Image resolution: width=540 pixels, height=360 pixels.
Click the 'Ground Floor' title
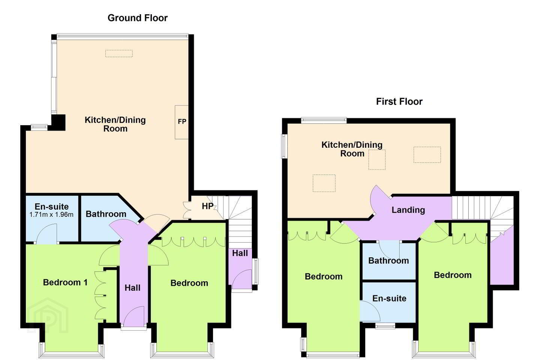(137, 18)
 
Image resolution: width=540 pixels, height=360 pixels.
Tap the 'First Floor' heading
(399, 102)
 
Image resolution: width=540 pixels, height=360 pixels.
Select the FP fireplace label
(182, 121)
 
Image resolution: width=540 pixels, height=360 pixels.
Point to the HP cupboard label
(208, 206)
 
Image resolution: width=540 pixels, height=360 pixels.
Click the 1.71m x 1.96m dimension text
(51, 214)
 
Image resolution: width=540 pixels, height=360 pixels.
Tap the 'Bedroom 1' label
(65, 282)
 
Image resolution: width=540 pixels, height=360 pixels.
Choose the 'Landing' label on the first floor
(408, 210)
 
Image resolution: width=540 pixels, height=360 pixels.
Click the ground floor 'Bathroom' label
(106, 214)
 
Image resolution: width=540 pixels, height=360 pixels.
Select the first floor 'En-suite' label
(389, 298)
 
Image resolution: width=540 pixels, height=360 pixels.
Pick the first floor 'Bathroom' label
(388, 261)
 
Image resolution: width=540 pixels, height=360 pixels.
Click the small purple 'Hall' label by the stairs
(240, 253)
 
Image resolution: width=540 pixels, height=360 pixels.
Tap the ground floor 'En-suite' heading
(52, 207)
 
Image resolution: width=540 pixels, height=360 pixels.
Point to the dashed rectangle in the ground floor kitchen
(119, 53)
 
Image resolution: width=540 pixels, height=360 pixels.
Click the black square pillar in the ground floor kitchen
(58, 123)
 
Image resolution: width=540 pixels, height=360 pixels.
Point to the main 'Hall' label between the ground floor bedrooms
(133, 288)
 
